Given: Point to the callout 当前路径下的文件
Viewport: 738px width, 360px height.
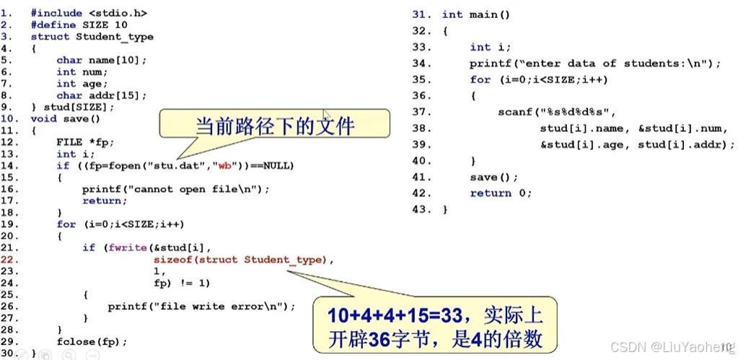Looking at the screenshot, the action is click(x=275, y=126).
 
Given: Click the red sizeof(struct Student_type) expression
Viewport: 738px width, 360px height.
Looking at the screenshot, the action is click(x=244, y=260).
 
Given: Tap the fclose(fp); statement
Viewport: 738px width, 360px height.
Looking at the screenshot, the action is click(x=92, y=341).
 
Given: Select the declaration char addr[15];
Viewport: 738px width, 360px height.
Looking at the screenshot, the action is click(x=102, y=95).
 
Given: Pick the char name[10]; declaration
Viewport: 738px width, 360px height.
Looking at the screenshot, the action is click(x=102, y=60).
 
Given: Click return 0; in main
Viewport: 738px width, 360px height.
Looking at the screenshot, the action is click(x=501, y=193).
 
